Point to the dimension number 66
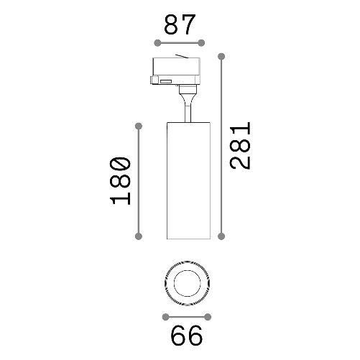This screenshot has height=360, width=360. point(186,336)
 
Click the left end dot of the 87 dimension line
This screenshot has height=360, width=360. point(158,43)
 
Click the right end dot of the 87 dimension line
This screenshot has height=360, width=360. point(201,43)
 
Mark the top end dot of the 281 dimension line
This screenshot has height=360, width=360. point(222,55)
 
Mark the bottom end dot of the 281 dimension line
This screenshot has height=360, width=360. point(222,235)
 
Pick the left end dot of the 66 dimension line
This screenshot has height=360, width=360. point(166,317)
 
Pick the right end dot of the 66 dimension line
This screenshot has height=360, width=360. point(208,317)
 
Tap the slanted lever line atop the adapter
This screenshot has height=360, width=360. point(186,56)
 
